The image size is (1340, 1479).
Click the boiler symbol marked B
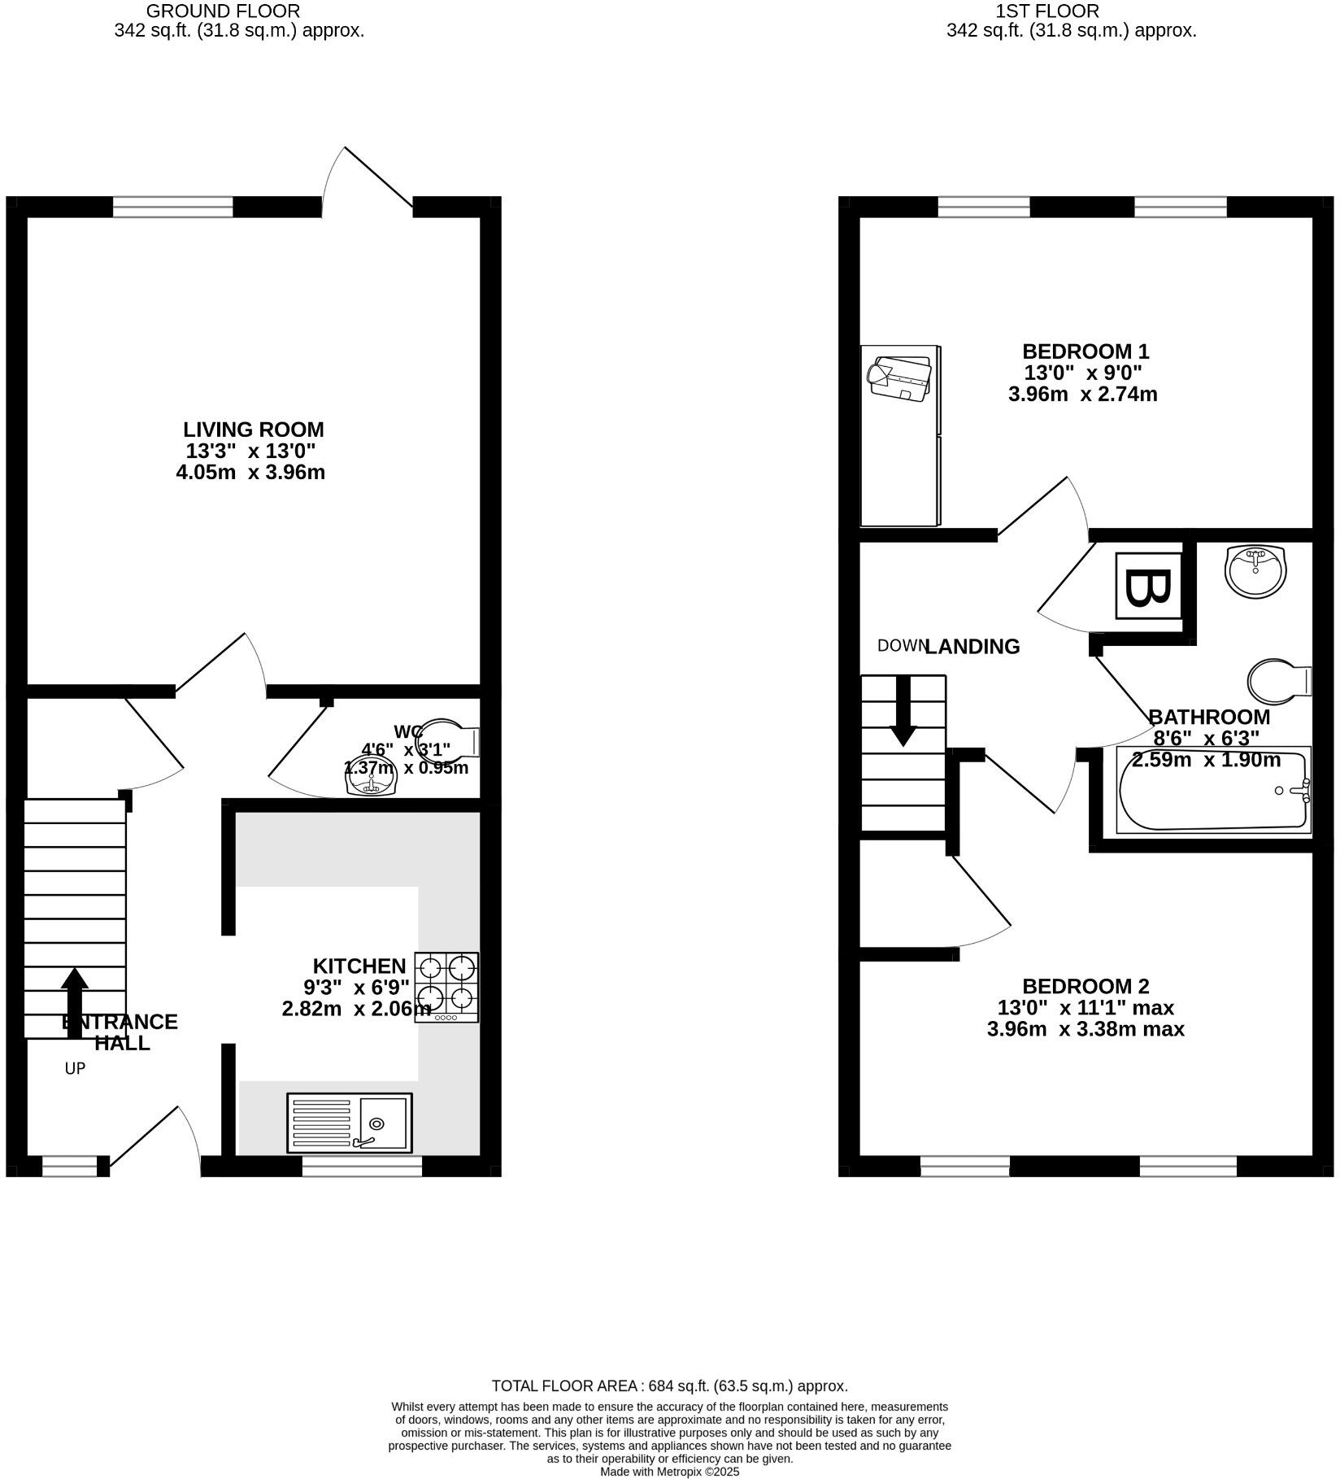[1148, 587]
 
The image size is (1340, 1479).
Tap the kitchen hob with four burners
[446, 987]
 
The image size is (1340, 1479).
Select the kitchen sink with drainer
[350, 1123]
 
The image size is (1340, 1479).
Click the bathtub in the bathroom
[1213, 791]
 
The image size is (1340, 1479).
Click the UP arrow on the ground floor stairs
[75, 1002]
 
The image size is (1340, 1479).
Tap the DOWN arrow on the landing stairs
[903, 712]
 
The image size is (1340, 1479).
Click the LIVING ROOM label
[253, 430]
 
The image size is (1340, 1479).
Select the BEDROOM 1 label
[1085, 351]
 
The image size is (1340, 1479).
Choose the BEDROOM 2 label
[1085, 986]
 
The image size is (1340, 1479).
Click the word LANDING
[972, 647]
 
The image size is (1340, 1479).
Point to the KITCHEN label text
[359, 966]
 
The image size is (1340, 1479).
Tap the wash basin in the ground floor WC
[371, 780]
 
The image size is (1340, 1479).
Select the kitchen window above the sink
[362, 1167]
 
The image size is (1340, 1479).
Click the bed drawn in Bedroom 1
[900, 436]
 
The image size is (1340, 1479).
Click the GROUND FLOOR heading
[223, 11]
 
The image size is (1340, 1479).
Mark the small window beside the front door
[69, 1167]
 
